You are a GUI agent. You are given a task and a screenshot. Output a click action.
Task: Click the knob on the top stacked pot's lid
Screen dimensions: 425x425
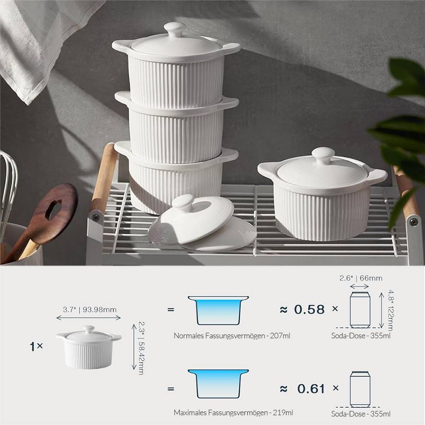pos(175,29)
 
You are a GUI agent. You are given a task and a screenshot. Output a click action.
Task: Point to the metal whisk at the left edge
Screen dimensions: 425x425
pos(8,183)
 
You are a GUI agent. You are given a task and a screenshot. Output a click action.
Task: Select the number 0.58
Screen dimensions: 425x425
pos(309,309)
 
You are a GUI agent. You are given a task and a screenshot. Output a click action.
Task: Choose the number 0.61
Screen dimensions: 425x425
pos(311,388)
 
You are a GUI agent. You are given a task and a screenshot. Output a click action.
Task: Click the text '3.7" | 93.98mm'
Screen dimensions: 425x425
pos(89,309)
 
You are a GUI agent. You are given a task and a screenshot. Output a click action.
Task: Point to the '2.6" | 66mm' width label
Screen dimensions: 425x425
pos(360,278)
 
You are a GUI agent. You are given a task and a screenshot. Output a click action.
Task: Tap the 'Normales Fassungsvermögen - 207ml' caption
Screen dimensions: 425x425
pos(232,336)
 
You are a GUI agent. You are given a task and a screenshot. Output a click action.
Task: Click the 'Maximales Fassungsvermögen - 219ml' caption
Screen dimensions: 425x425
pos(233,413)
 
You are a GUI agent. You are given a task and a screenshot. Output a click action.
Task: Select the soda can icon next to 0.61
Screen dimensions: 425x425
pos(360,389)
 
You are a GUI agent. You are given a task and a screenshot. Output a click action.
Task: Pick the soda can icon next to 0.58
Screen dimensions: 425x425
pos(360,309)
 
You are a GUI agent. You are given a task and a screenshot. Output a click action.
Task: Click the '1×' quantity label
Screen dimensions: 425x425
pos(37,346)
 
